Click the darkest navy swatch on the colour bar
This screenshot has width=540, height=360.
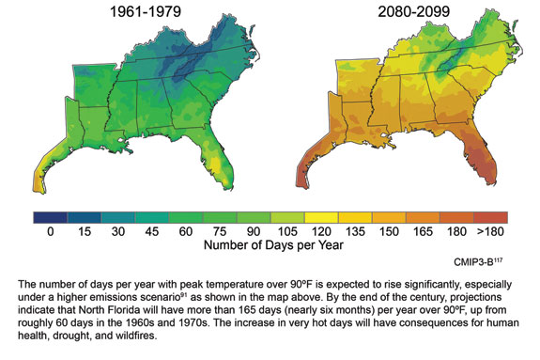pyautogui.click(x=49, y=217)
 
